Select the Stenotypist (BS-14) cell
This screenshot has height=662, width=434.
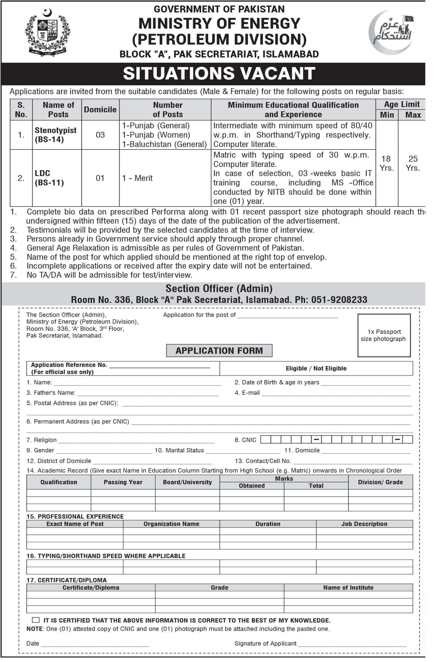point(56,135)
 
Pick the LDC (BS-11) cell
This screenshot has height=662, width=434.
point(49,178)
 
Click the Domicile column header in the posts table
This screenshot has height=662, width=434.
point(100,110)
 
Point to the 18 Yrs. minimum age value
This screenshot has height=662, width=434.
point(386,163)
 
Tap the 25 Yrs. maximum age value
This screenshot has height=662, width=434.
point(413,163)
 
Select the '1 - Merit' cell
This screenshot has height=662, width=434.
point(137,178)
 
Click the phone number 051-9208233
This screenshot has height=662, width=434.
point(339,300)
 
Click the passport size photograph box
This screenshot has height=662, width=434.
point(384,335)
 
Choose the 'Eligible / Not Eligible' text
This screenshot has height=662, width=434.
point(316,368)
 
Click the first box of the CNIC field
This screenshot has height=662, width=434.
point(266,440)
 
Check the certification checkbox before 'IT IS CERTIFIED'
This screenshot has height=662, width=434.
point(36,620)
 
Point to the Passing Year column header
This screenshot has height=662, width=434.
point(123,482)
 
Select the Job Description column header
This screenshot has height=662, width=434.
point(364,524)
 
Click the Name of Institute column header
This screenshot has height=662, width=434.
point(348,588)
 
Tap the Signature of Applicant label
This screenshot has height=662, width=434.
point(266,644)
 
